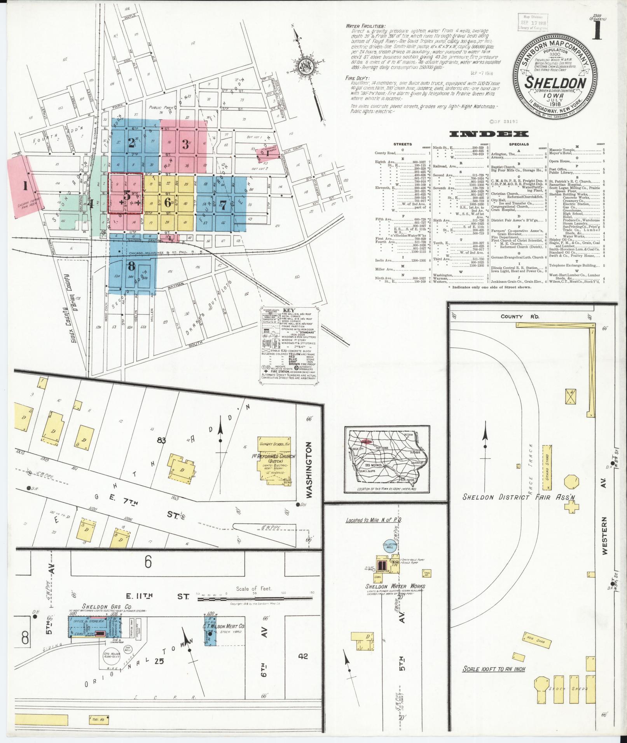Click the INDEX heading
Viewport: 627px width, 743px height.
[x=489, y=134]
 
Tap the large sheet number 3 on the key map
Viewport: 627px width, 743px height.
[x=185, y=143]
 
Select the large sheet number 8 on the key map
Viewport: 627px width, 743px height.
[x=131, y=266]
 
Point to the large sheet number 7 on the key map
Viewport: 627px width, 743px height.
[x=223, y=205]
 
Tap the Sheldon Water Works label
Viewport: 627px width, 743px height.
[x=395, y=586]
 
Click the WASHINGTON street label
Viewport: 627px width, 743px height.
[x=309, y=471]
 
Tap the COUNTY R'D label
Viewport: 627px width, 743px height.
[x=517, y=317]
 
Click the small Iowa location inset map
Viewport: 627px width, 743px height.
[x=386, y=459]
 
